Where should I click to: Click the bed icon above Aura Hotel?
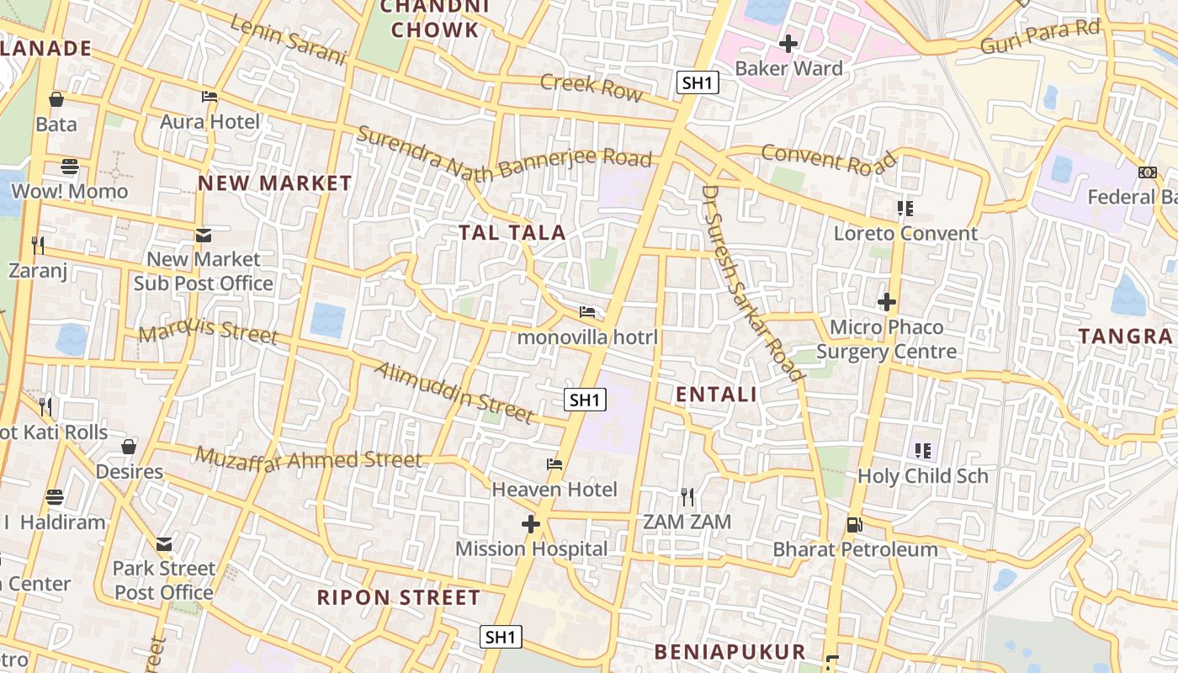(x=210, y=97)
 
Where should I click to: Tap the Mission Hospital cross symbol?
(x=531, y=524)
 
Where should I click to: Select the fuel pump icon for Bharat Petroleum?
(x=855, y=525)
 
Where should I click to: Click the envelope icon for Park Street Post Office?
(x=164, y=544)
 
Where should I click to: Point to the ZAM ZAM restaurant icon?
(x=687, y=497)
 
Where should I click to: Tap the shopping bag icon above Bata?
(x=56, y=99)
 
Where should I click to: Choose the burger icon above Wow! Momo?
(x=70, y=167)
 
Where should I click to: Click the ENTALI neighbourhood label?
(x=716, y=394)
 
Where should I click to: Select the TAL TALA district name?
(x=512, y=232)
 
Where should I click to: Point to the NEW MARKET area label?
(x=274, y=183)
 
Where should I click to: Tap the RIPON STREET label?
(x=398, y=598)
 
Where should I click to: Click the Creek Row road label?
(x=591, y=87)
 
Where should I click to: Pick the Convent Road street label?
(x=829, y=159)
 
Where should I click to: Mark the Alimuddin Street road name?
(x=454, y=392)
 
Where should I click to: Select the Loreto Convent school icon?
(x=905, y=208)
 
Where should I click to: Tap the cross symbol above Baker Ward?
(x=788, y=43)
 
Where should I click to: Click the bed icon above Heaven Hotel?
(x=554, y=464)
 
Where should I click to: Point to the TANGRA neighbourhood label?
(x=1125, y=336)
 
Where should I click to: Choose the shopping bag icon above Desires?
(x=129, y=447)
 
